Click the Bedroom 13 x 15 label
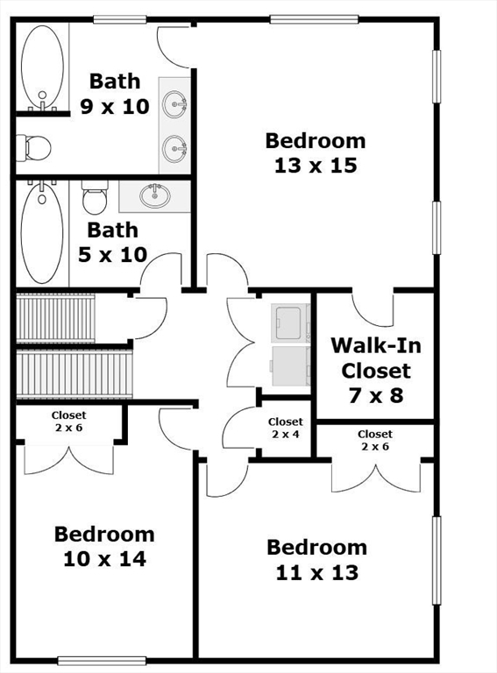pyautogui.click(x=316, y=153)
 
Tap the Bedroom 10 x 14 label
pyautogui.click(x=104, y=547)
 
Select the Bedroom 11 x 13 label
pyautogui.click(x=316, y=560)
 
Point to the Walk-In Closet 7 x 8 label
pyautogui.click(x=376, y=371)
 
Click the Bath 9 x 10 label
pyautogui.click(x=115, y=94)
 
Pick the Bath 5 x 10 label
pyautogui.click(x=112, y=243)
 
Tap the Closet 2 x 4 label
pyautogui.click(x=286, y=428)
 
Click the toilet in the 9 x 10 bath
pyautogui.click(x=33, y=147)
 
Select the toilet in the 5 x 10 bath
pyautogui.click(x=95, y=197)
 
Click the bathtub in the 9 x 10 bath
pyautogui.click(x=42, y=67)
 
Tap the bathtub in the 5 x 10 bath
pyautogui.click(x=41, y=231)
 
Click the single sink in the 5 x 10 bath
pyautogui.click(x=155, y=195)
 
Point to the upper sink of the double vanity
pyautogui.click(x=174, y=104)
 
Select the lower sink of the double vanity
pyautogui.click(x=174, y=148)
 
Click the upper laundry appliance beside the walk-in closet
pyautogui.click(x=291, y=322)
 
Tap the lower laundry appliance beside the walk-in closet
pyautogui.click(x=290, y=365)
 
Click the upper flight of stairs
pyautogui.click(x=55, y=318)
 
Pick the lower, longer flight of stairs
pyautogui.click(x=75, y=374)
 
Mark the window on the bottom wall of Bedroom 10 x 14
pyautogui.click(x=102, y=661)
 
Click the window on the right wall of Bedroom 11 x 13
pyautogui.click(x=437, y=561)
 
